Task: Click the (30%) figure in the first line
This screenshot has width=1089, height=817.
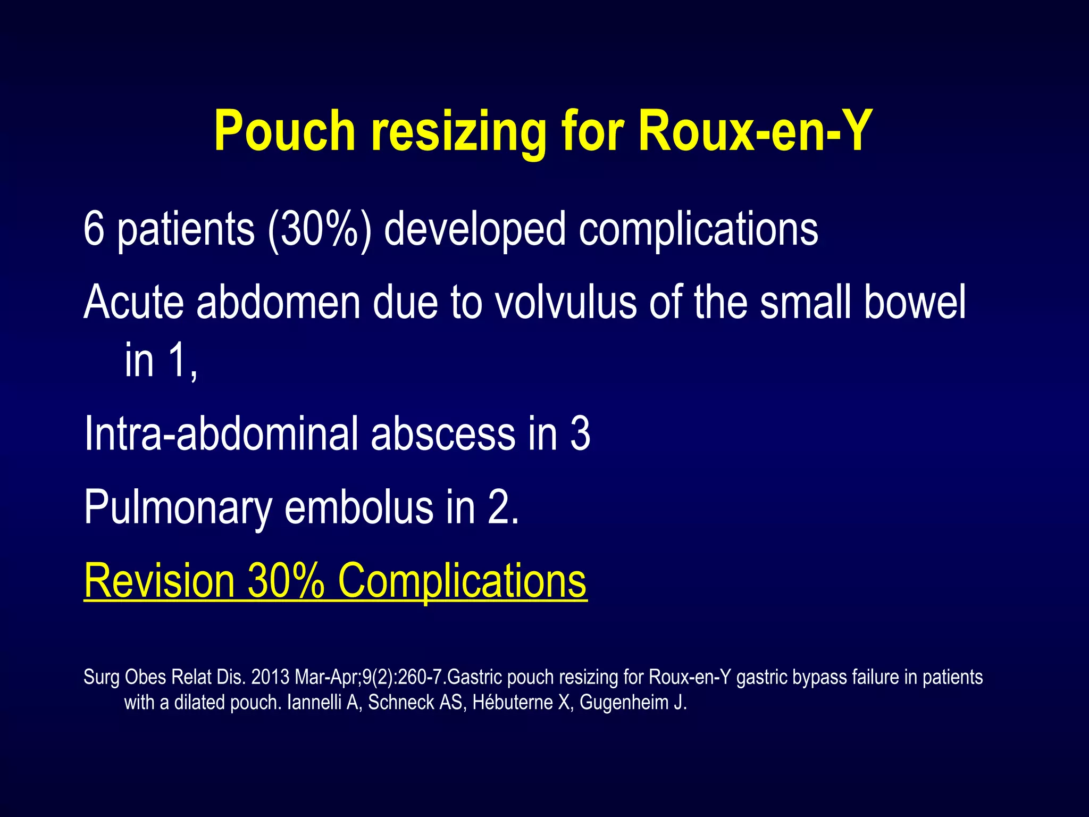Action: [x=319, y=230]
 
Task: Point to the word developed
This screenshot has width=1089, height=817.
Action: [x=474, y=230]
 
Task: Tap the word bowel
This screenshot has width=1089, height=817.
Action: [x=915, y=302]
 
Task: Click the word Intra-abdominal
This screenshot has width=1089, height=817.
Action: [x=221, y=434]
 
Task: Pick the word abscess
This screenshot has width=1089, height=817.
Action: [x=443, y=434]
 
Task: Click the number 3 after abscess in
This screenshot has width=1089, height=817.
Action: [x=580, y=434]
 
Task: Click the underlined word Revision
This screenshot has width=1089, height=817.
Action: [x=159, y=581]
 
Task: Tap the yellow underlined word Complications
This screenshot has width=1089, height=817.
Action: [x=462, y=581]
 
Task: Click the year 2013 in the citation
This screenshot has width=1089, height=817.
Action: [x=270, y=677]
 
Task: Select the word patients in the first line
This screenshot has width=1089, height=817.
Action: [x=186, y=230]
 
